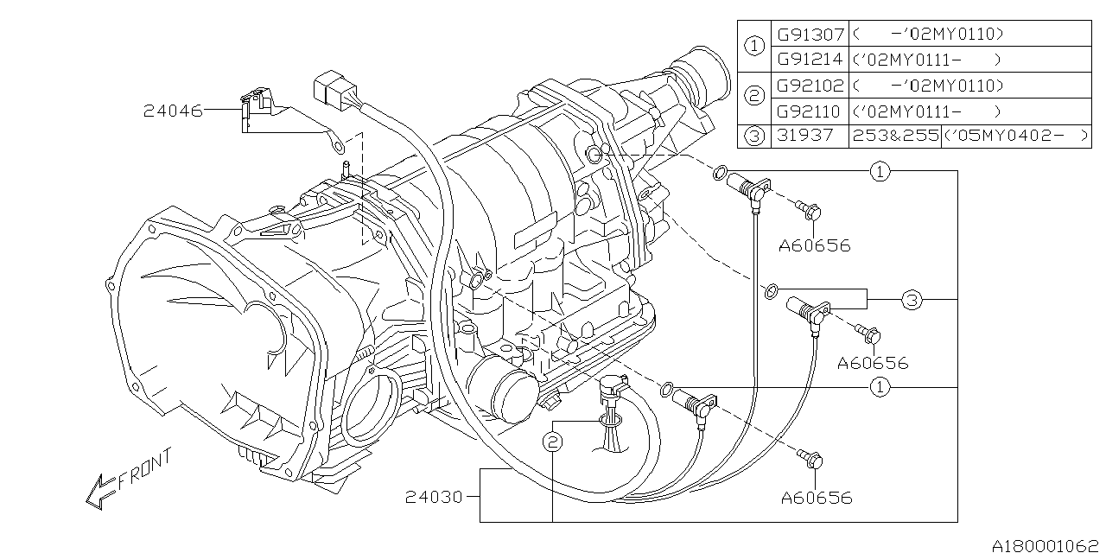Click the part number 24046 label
coord(173,111)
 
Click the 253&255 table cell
coord(894,137)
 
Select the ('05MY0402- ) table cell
coord(1015,137)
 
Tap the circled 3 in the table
coord(754,137)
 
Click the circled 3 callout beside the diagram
coord(912,301)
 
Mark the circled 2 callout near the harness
coord(553,442)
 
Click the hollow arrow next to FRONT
coord(99,490)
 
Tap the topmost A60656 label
coord(814,245)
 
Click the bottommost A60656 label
coord(816,497)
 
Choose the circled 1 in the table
coord(754,48)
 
